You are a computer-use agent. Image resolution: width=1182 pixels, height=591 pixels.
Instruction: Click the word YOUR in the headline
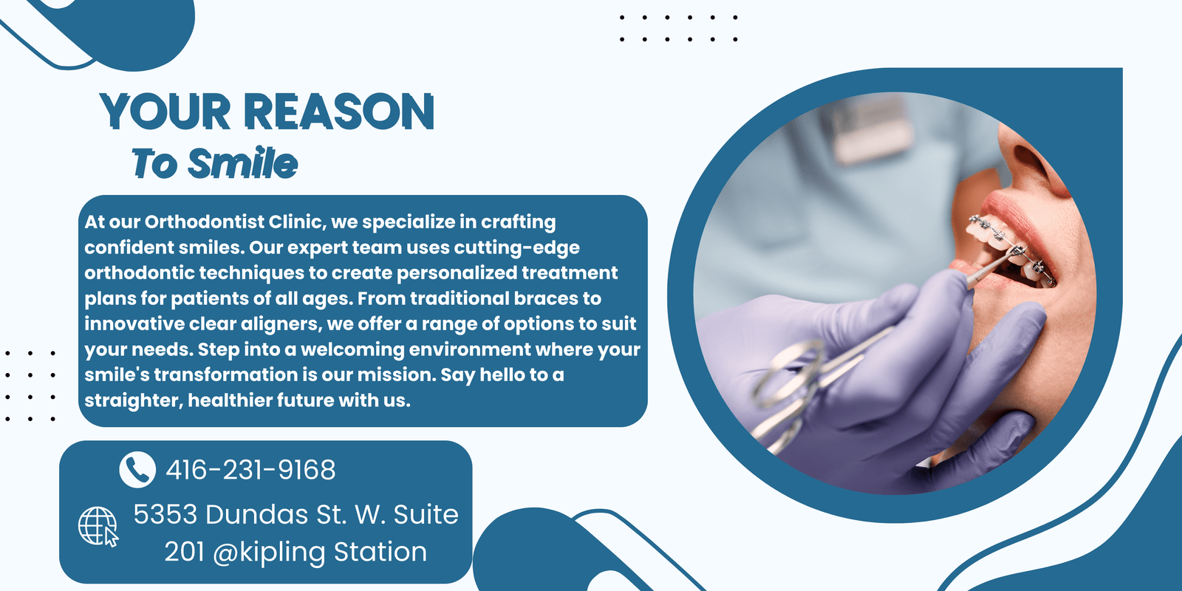point(165,112)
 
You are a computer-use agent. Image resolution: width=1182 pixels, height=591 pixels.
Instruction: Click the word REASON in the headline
point(339,112)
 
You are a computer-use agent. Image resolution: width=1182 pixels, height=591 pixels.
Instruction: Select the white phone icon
point(137,469)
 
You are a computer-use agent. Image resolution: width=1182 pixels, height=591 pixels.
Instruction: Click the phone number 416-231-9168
point(250,469)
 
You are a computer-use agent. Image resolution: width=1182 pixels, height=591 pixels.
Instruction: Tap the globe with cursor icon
point(99,526)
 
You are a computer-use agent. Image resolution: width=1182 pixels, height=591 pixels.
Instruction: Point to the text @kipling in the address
point(269,553)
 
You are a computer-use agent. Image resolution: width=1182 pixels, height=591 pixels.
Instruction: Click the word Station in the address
point(380,551)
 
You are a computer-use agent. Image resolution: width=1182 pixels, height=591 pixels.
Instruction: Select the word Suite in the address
point(426,514)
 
